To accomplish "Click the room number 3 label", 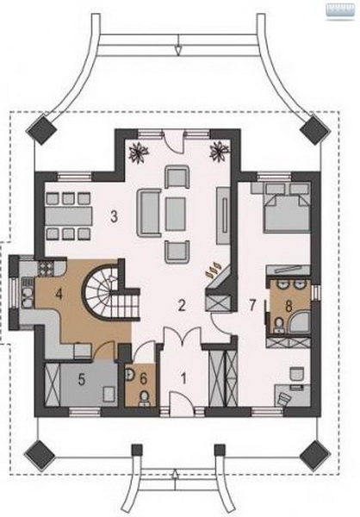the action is (114, 216).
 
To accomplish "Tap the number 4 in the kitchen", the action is (59, 293).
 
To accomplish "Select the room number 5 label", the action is (82, 379).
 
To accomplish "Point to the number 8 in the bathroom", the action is (289, 306).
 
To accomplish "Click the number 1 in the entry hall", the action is (184, 378).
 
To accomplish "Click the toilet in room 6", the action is (144, 397).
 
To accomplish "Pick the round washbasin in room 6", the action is (130, 374).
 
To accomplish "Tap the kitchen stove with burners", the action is (46, 268).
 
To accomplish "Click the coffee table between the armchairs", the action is (176, 214).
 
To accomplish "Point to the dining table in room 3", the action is (69, 215).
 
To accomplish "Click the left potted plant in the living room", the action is (139, 152).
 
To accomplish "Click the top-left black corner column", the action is (41, 129).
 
